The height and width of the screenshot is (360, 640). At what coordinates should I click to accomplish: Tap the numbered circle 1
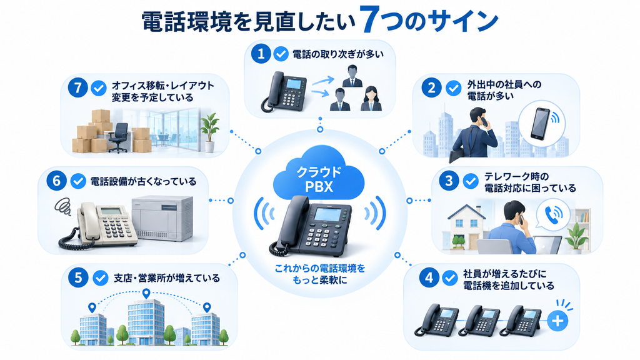[x=261, y=54]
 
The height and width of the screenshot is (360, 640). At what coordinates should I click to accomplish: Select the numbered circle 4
[x=429, y=278]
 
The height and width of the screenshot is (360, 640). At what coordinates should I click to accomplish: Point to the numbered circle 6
[x=56, y=181]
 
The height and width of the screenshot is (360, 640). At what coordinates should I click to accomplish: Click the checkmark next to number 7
[x=99, y=88]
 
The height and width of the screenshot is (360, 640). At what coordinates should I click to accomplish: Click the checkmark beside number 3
[x=471, y=181]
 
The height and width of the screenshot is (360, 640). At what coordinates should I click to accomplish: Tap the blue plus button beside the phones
[x=557, y=321]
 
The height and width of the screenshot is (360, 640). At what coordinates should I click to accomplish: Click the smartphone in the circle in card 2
[x=540, y=124]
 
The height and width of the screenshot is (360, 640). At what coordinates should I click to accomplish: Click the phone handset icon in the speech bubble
[x=553, y=214]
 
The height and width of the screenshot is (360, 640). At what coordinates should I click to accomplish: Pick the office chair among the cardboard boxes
[x=118, y=138]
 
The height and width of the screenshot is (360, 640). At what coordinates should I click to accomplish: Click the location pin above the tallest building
[x=146, y=294]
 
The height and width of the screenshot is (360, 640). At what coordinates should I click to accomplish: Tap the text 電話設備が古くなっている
[x=143, y=181]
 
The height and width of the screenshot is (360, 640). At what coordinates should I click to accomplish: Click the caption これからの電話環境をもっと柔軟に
[x=319, y=274]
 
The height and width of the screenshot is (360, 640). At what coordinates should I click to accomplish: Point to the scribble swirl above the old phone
[x=62, y=206]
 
